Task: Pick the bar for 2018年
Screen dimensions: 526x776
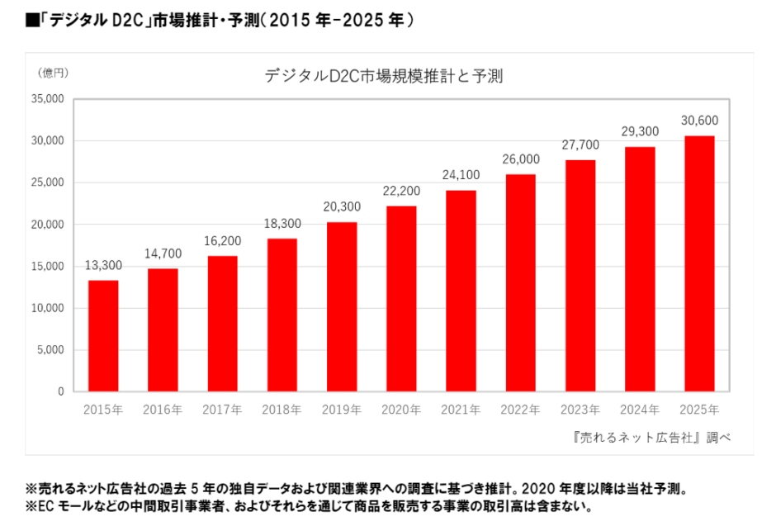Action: click(x=282, y=315)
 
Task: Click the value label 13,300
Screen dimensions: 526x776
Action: click(x=103, y=266)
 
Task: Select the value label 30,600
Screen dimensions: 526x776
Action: click(x=699, y=121)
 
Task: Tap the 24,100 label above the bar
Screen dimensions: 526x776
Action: click(x=461, y=175)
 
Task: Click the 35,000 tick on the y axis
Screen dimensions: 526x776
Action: click(x=49, y=99)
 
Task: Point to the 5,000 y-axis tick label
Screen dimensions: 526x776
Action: click(x=51, y=350)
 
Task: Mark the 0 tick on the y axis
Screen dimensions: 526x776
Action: click(x=61, y=392)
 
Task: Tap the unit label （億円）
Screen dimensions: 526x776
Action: click(x=53, y=73)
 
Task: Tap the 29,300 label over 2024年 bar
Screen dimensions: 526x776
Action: click(x=640, y=131)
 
